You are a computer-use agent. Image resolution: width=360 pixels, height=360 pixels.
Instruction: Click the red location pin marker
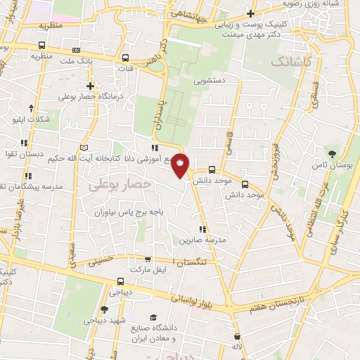tap(181, 165)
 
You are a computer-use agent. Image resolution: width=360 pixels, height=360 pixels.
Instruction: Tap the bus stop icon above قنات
tap(125, 59)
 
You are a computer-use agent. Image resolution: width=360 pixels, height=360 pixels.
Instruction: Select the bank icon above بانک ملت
tap(76, 51)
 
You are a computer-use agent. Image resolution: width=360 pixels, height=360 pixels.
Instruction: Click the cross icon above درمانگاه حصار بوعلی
tap(91, 86)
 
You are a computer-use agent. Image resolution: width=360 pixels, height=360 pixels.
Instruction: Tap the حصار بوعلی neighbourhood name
tap(120, 184)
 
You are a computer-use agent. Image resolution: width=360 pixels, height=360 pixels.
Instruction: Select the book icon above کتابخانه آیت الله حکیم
tap(84, 148)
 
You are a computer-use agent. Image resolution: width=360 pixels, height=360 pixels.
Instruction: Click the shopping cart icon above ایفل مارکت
tap(147, 259)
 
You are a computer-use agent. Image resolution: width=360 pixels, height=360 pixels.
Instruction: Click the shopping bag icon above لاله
tap(237, 336)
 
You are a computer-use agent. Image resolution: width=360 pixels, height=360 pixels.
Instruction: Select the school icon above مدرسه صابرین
tap(203, 229)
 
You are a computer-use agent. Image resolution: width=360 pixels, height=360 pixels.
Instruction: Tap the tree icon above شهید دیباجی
tap(104, 309)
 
